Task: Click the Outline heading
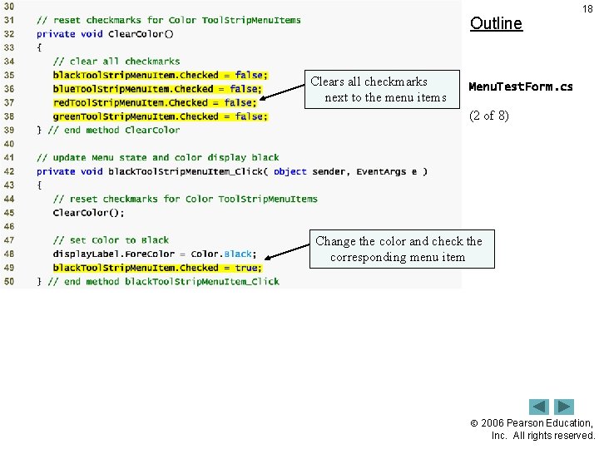coord(496,23)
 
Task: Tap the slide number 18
coord(587,9)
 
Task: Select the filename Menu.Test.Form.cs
coord(521,86)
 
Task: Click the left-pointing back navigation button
coord(539,407)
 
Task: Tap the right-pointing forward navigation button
coord(565,407)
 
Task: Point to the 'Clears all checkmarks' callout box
coord(380,90)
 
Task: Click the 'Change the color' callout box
coord(399,249)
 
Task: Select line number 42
coord(9,171)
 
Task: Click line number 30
coord(9,7)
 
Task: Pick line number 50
coord(9,281)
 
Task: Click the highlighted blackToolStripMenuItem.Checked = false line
coord(158,75)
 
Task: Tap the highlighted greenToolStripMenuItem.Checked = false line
coord(161,116)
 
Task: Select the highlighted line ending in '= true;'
coord(157,268)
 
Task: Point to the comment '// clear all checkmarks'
coord(116,62)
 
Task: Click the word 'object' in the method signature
coord(290,171)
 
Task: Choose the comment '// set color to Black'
coord(111,240)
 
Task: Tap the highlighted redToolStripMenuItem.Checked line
coord(155,102)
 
